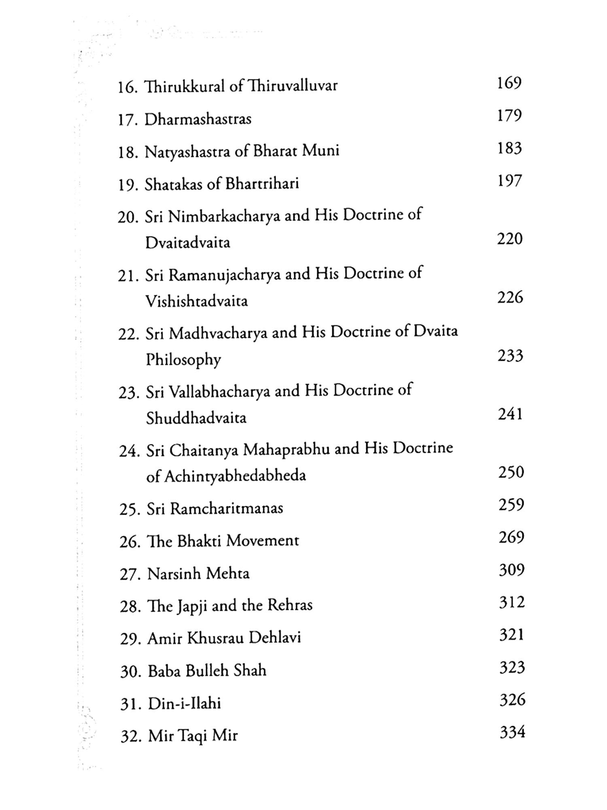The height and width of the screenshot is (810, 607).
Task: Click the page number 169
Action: tap(509, 83)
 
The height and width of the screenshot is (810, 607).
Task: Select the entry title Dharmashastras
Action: tap(198, 119)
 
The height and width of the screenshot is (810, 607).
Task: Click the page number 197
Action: tap(509, 181)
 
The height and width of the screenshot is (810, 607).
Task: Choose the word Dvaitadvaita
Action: tap(187, 243)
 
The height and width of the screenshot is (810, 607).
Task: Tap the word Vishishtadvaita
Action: tap(196, 301)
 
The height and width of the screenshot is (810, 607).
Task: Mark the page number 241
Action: tap(510, 414)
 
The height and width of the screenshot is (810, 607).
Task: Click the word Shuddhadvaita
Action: tap(196, 418)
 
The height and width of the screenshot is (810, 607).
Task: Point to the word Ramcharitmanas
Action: tap(226, 509)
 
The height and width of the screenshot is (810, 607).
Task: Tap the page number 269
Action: tap(511, 537)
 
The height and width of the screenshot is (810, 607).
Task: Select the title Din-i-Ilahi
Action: tap(184, 704)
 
